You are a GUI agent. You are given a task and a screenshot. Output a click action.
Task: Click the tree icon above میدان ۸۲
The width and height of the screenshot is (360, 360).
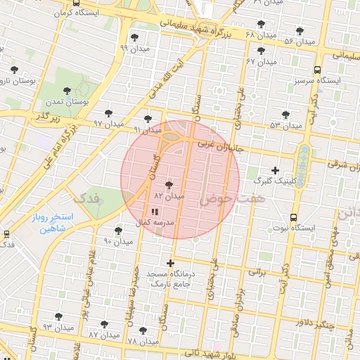tap(169, 185)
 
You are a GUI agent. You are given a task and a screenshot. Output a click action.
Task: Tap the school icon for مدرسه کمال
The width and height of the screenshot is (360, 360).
tap(155, 211)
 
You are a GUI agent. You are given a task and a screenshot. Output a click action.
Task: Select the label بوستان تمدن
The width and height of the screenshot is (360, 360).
tap(67, 103)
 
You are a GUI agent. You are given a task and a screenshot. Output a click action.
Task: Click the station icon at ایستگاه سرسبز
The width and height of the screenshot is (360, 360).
tap(318, 70)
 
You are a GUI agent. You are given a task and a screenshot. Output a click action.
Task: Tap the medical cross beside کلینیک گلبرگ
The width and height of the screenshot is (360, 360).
tap(275, 170)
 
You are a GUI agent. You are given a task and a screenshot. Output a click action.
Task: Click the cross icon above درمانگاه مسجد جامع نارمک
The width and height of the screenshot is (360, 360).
tap(170, 263)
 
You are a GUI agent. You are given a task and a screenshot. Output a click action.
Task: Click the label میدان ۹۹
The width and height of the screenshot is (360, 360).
tap(134, 49)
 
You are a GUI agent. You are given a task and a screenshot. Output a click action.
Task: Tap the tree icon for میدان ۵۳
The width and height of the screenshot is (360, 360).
tap(285, 114)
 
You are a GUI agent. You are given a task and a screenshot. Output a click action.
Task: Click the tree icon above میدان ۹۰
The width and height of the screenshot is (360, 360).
tap(118, 230)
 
